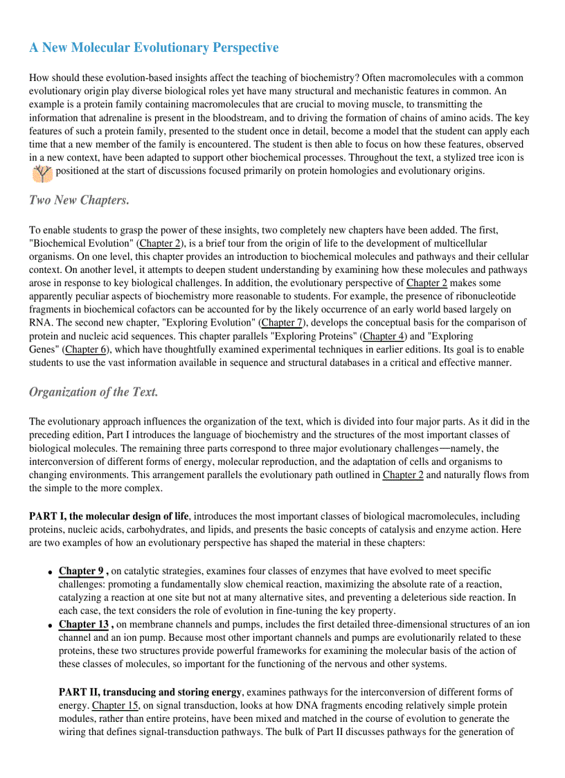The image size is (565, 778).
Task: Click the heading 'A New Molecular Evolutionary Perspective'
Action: point(154,48)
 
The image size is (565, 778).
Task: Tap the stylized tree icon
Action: point(42,172)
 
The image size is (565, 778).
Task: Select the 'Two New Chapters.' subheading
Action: point(79,200)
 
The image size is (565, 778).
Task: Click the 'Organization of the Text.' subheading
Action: point(93,392)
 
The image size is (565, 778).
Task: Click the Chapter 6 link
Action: point(86,350)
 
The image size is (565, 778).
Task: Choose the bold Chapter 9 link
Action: point(81,571)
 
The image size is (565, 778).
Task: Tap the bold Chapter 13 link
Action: point(84,624)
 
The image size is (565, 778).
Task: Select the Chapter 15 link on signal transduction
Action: point(114,706)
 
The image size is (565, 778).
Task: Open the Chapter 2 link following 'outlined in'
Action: point(402,475)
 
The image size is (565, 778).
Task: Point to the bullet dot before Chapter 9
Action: point(51,572)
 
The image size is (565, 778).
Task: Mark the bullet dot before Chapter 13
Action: point(51,626)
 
